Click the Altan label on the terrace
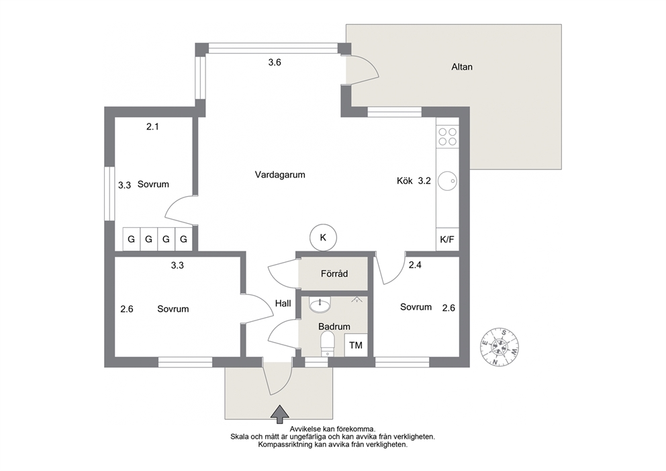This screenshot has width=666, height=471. pyautogui.click(x=462, y=67)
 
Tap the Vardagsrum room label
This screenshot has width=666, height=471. pyautogui.click(x=280, y=175)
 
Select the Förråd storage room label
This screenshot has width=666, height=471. pyautogui.click(x=334, y=273)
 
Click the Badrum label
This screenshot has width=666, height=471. pyautogui.click(x=334, y=327)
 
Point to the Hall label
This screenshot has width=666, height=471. pyautogui.click(x=283, y=303)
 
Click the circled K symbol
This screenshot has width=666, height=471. pyautogui.click(x=323, y=237)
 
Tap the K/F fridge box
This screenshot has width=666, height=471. pyautogui.click(x=447, y=239)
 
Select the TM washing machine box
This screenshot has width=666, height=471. pyautogui.click(x=356, y=345)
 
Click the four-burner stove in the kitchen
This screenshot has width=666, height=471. pyautogui.click(x=448, y=137)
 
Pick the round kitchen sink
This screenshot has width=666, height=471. pyautogui.click(x=447, y=181)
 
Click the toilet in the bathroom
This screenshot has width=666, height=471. pyautogui.click(x=327, y=343)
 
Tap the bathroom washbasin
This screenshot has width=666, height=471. pyautogui.click(x=320, y=305)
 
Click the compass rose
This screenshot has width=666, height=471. pyautogui.click(x=500, y=347)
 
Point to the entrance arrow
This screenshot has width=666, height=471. pyautogui.click(x=280, y=414)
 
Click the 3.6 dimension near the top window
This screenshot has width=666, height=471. pyautogui.click(x=275, y=62)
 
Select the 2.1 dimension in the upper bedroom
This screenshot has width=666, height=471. pyautogui.click(x=152, y=126)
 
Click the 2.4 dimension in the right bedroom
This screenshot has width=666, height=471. pyautogui.click(x=415, y=265)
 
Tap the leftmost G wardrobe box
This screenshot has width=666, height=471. pyautogui.click(x=131, y=239)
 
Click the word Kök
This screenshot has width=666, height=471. pyautogui.click(x=405, y=181)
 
